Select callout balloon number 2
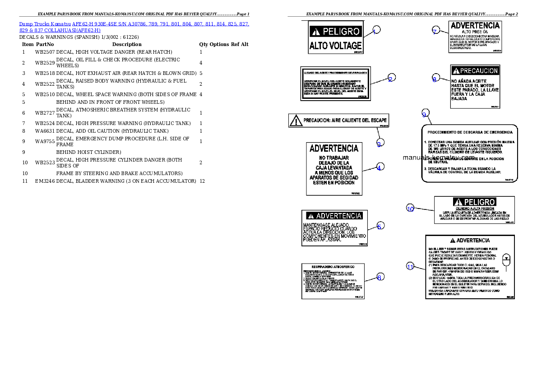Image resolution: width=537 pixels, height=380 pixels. tap(391, 79)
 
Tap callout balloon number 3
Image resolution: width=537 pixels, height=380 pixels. tap(380, 143)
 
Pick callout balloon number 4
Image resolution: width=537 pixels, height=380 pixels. tap(380, 167)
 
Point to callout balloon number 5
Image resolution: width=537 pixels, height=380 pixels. tap(380, 226)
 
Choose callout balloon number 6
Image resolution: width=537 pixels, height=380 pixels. tap(380, 277)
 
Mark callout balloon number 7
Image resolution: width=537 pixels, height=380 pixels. tap(435, 31)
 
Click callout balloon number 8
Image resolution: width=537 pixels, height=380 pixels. tap(435, 79)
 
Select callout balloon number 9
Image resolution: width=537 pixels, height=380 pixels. tap(424, 114)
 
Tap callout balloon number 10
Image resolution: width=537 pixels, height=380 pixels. tap(410, 209)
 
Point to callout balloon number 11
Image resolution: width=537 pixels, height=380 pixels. tap(410, 266)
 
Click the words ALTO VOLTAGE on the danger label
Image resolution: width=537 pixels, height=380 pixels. tap(335, 46)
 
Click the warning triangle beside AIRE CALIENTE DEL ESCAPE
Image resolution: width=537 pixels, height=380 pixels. tap(296, 121)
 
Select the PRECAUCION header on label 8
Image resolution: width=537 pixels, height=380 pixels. tap(475, 71)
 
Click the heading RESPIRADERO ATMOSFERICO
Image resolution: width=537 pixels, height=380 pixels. tap(332, 266)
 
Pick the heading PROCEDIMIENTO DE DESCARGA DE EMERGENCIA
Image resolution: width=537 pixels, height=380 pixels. tap(470, 132)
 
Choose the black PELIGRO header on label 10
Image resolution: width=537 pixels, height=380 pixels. tap(474, 202)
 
